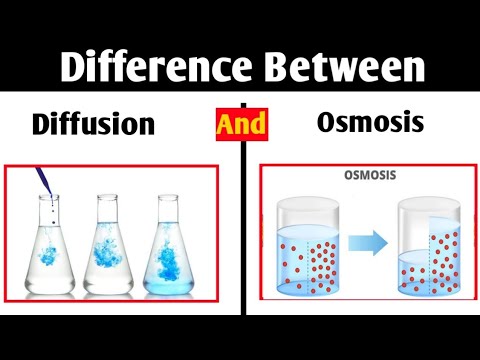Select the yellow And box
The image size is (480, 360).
tap(241, 123)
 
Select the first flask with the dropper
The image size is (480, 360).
tap(52, 250)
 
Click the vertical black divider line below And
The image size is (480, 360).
tap(241, 230)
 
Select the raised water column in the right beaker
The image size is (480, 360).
tap(443, 250)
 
